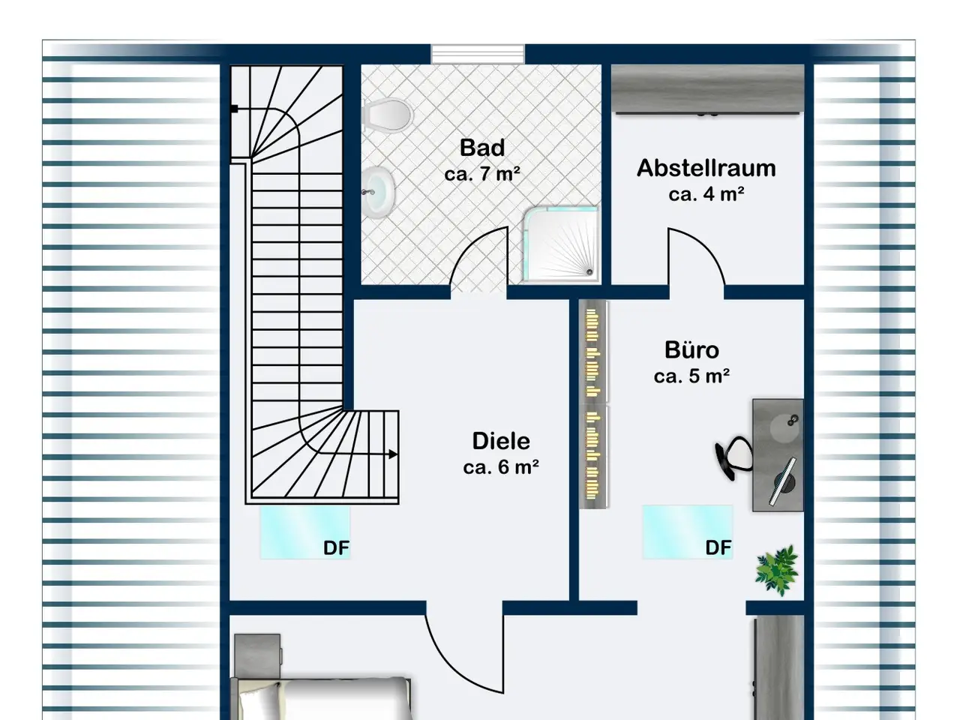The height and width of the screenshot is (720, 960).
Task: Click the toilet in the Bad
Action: tap(388, 115)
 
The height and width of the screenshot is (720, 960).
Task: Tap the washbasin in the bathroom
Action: tap(379, 192)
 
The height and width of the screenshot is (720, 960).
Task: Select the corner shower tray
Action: tap(561, 244)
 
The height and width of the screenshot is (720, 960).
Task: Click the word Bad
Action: tap(482, 148)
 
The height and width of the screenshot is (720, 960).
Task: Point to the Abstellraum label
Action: tap(706, 168)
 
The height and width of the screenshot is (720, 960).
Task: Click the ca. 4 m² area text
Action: tap(706, 194)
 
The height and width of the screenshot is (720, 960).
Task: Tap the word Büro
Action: tap(691, 350)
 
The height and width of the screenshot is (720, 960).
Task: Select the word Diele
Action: tap(501, 441)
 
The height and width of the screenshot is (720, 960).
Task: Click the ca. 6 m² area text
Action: tap(501, 467)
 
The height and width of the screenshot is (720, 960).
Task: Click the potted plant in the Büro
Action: tap(777, 569)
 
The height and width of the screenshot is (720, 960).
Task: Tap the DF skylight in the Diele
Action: tap(305, 532)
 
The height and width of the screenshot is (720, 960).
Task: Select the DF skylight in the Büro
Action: tap(688, 532)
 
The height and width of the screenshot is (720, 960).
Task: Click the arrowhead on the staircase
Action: tap(393, 454)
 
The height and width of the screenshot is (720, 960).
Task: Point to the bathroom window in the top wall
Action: tap(478, 55)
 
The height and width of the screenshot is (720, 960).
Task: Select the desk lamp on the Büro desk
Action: tap(783, 481)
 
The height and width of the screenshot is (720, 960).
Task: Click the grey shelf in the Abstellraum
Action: tap(708, 90)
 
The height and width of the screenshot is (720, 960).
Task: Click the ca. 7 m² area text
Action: tap(482, 174)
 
